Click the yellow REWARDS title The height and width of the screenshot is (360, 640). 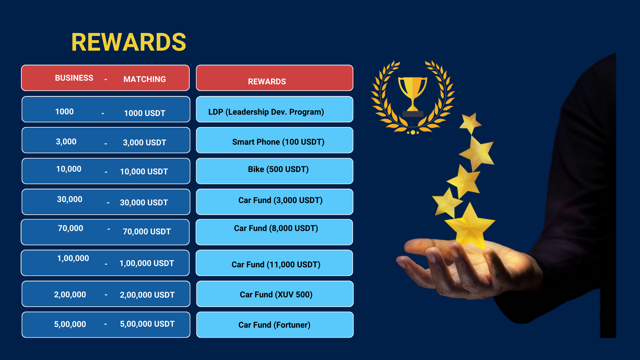pyautogui.click(x=129, y=42)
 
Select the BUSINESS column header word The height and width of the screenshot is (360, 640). pyautogui.click(x=74, y=78)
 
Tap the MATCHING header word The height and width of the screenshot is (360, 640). pyautogui.click(x=145, y=79)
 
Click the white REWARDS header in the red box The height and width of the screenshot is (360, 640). pyautogui.click(x=267, y=82)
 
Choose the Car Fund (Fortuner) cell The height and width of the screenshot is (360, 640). pyautogui.click(x=274, y=325)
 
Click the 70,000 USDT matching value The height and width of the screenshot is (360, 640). pyautogui.click(x=147, y=232)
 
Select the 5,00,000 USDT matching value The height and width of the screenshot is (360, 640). pyautogui.click(x=147, y=324)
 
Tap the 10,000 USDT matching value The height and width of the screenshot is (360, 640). pyautogui.click(x=144, y=172)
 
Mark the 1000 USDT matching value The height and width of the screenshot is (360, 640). pyautogui.click(x=145, y=113)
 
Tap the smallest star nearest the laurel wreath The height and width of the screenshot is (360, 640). pyautogui.click(x=470, y=123)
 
